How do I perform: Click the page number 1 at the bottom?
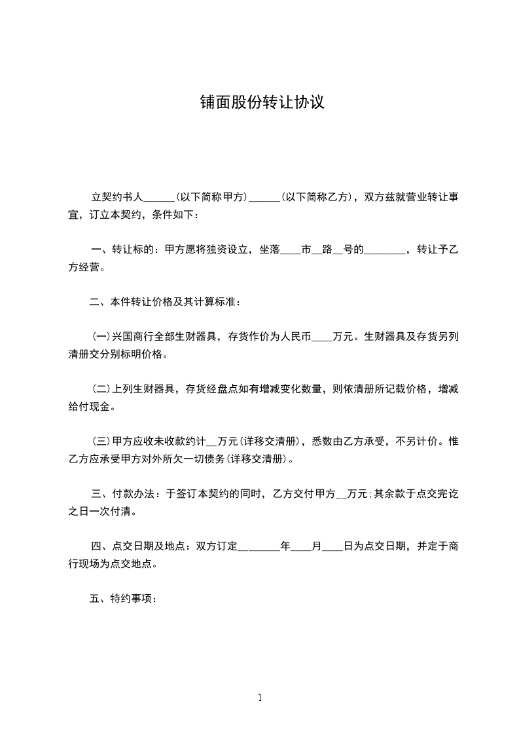(260, 698)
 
